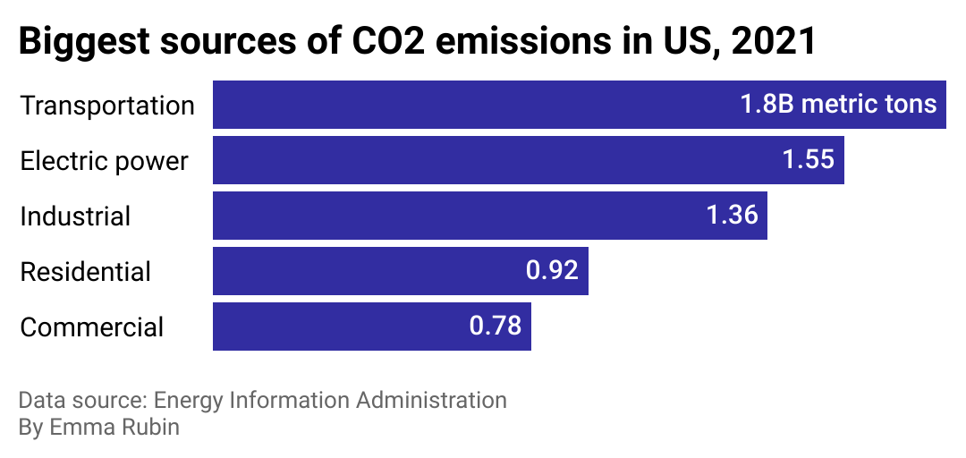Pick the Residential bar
358,271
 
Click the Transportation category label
107,106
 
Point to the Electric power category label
104,161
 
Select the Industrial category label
75,216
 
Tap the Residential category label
86,272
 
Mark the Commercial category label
91,327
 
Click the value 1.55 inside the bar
808,160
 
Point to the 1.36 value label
732,216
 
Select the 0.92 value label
552,271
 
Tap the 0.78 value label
496,327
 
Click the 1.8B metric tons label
838,105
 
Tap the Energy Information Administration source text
330,400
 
